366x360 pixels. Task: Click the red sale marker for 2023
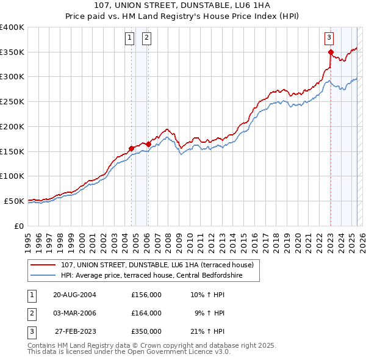(331, 52)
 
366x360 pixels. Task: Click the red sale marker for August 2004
(131, 148)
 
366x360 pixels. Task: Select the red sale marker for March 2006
(148, 144)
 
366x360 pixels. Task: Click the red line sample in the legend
(43, 265)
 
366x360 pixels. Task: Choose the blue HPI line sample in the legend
(43, 276)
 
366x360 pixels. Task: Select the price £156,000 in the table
(146, 295)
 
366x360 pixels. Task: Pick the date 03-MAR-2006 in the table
(74, 313)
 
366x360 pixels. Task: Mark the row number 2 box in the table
(30, 313)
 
